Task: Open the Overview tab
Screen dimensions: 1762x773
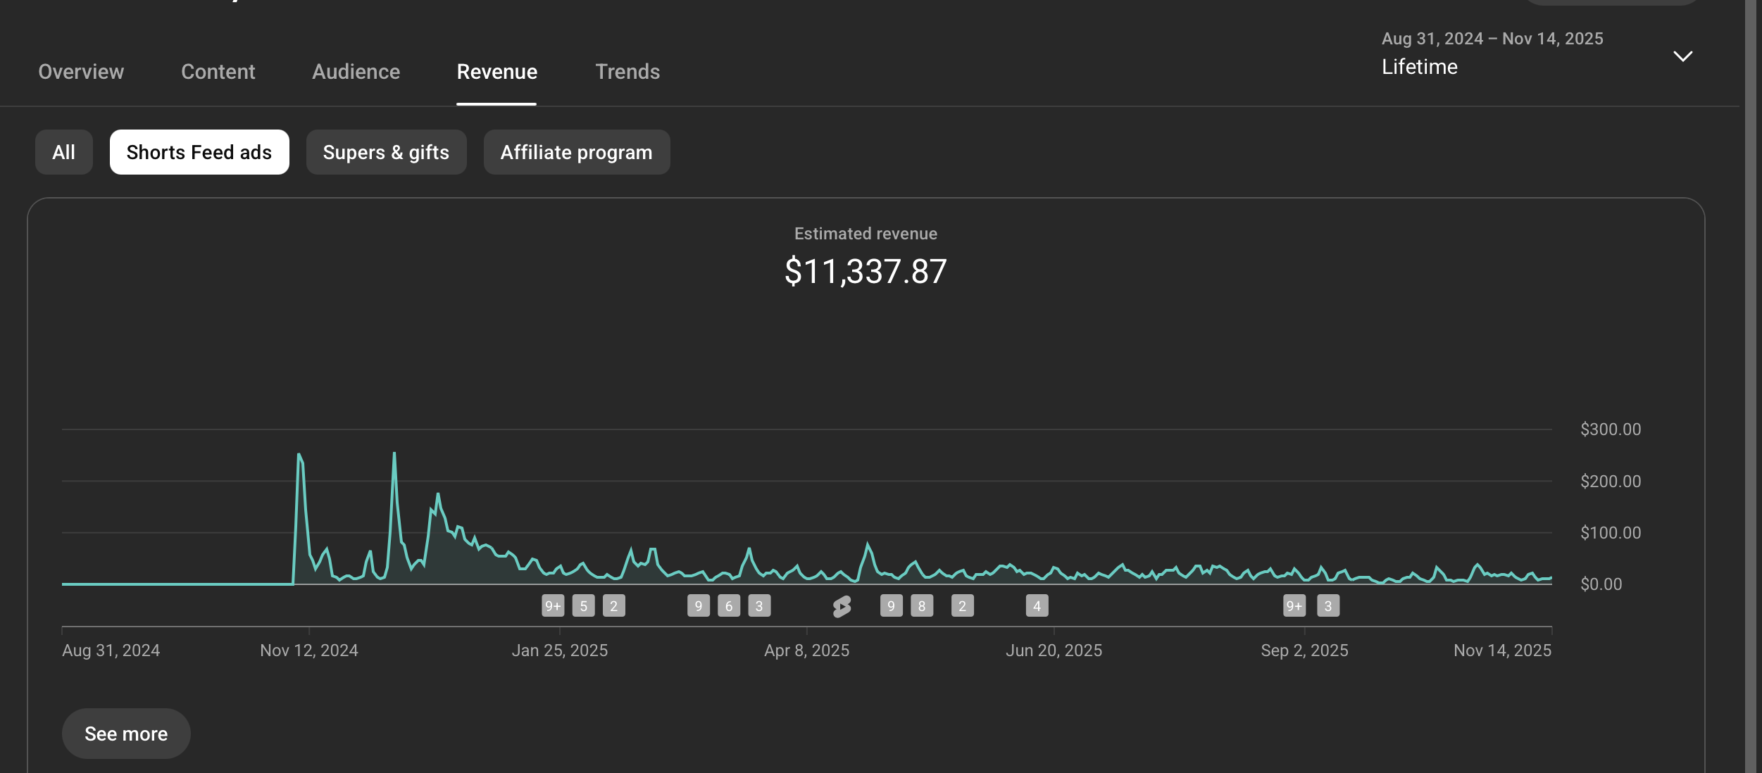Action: coord(81,72)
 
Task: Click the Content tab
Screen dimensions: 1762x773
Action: coord(218,72)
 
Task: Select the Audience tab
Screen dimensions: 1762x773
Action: coord(356,72)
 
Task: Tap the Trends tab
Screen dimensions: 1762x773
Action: coord(627,72)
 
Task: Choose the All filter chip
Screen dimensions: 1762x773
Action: coord(64,152)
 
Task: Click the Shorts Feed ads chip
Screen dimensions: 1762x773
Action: coord(199,152)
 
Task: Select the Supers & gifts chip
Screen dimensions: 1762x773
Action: coord(386,152)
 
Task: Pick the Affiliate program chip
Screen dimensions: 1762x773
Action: coord(577,152)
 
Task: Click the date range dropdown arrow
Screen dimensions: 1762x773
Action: coord(1682,56)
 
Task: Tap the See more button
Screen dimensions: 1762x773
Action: coord(126,734)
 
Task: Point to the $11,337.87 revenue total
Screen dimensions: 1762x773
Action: coord(866,272)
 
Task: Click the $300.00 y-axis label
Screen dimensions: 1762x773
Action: coord(1611,429)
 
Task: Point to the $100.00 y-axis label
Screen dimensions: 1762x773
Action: coord(1611,533)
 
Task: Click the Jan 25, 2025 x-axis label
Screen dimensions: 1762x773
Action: coord(560,651)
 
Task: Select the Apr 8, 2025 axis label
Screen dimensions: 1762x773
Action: coord(807,651)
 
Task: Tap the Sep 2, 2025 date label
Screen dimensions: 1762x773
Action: coord(1305,651)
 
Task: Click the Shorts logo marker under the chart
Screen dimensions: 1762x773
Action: coord(842,606)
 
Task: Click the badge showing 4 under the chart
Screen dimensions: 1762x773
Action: coord(1037,606)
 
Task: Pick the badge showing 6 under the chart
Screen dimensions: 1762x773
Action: coord(729,606)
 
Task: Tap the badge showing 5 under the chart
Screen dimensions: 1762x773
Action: coord(584,606)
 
